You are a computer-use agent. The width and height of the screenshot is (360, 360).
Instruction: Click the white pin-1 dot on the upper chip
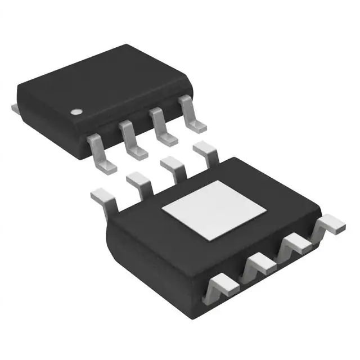tap(75, 111)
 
